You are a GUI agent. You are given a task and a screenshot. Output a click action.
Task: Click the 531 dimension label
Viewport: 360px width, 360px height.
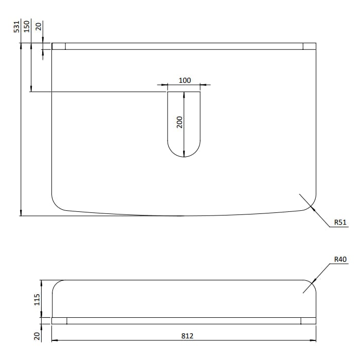coord(16,27)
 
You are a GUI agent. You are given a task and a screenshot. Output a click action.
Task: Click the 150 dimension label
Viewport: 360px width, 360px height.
coord(27,26)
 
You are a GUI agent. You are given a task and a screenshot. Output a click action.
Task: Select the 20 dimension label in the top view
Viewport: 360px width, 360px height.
coord(39,26)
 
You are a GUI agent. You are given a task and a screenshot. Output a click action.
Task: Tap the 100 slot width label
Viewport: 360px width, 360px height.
coord(185,80)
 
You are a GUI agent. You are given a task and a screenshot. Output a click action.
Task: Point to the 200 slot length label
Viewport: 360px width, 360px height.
coord(179,122)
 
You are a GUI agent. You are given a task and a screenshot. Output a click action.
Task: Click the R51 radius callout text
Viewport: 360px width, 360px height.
coord(340,222)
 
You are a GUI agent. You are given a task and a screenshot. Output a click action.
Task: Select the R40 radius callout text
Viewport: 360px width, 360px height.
coord(340,259)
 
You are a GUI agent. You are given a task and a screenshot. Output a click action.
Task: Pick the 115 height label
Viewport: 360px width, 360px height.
coord(37,300)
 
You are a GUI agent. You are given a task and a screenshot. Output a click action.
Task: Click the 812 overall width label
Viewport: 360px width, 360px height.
coord(187,336)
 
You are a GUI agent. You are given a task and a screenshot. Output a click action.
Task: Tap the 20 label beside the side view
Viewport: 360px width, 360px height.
coord(37,336)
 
